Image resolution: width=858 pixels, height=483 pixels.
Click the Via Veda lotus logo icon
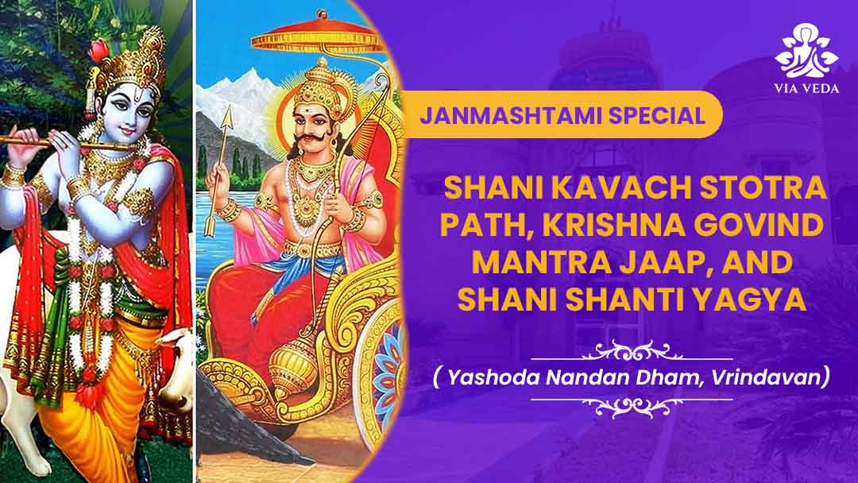pos(806,50)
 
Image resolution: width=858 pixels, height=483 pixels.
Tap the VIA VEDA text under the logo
pos(806,88)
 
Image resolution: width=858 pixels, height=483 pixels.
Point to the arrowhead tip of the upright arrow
pos(228,106)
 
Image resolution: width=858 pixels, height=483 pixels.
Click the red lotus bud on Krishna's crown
pos(99,51)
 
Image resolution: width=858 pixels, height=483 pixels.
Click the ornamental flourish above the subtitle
pos(632,350)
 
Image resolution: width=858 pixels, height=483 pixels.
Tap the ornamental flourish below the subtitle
pos(632,405)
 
